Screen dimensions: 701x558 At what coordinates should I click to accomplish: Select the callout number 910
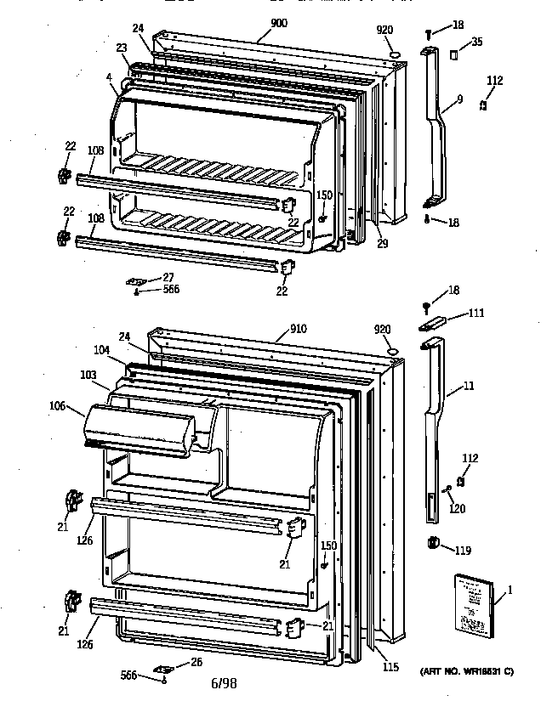[298, 328]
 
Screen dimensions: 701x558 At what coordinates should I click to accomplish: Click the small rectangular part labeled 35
[453, 54]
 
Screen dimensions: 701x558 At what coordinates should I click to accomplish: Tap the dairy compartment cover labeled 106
[140, 429]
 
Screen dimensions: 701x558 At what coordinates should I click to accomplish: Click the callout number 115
[389, 666]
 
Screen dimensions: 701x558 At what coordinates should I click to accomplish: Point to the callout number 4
[110, 79]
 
